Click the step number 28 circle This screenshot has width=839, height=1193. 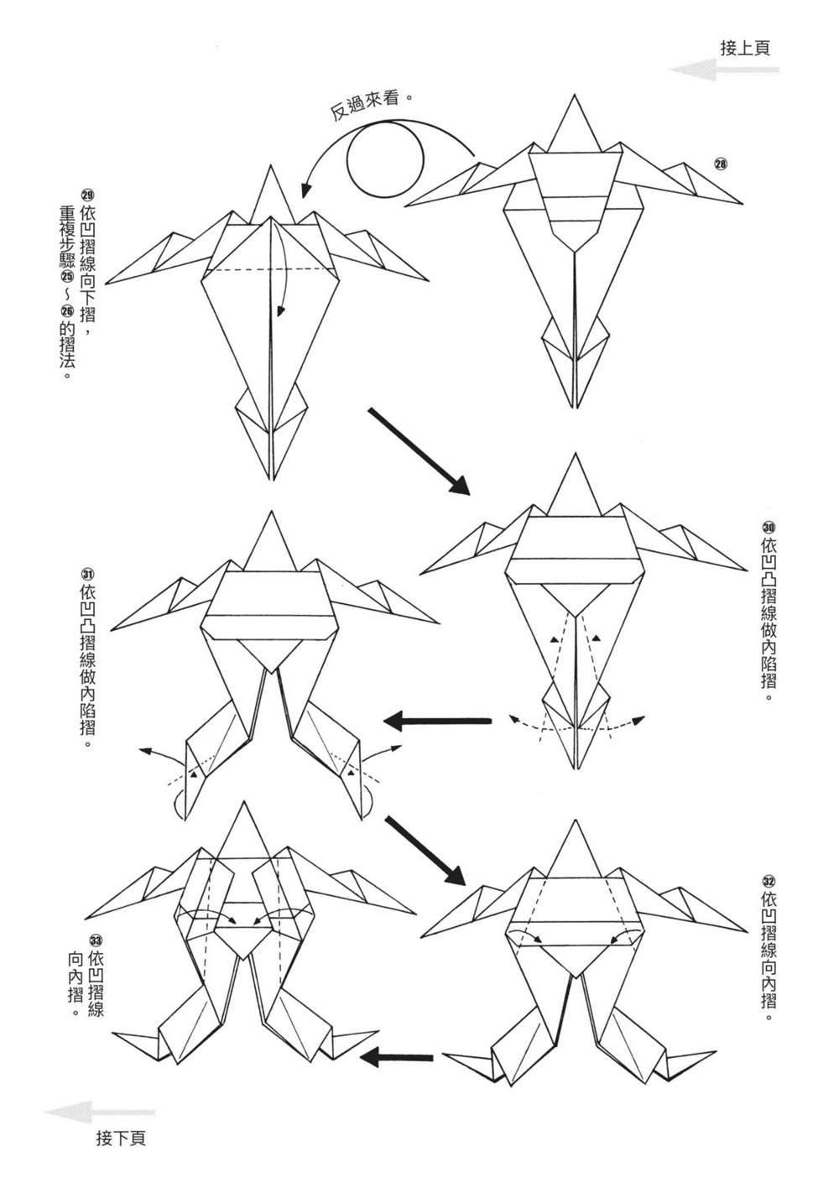(x=721, y=164)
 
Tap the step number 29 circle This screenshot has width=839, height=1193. (x=87, y=191)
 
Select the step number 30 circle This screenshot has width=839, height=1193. (x=769, y=527)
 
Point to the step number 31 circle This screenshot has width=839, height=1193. (x=87, y=574)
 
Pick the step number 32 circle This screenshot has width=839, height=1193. (x=769, y=881)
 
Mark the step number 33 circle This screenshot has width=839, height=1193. (x=96, y=940)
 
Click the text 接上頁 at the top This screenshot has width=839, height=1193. (x=745, y=48)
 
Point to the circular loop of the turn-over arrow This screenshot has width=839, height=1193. (x=385, y=159)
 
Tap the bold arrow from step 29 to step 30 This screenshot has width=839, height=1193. (x=417, y=451)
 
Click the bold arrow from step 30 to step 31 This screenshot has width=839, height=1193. (x=437, y=720)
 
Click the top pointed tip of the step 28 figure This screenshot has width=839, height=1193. (x=574, y=96)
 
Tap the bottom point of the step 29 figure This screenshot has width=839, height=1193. (x=271, y=480)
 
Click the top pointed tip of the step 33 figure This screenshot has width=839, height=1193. (x=245, y=803)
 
